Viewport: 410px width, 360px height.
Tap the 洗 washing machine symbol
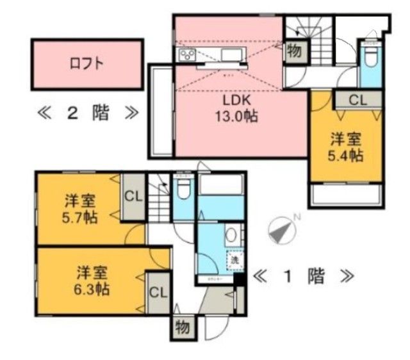[234, 259]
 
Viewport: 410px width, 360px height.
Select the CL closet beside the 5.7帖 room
[134, 195]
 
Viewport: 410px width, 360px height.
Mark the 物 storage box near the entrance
[181, 327]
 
